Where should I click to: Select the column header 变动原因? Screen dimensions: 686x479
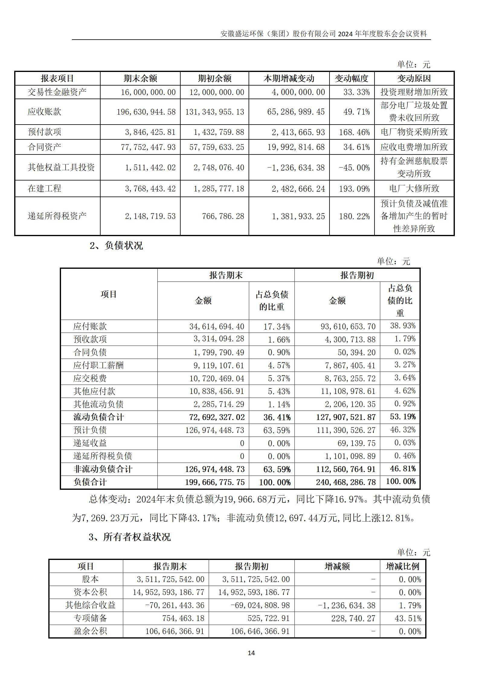tap(414, 79)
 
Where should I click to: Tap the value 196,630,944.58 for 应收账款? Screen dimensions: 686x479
tap(146, 112)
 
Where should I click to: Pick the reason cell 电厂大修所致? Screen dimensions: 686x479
tap(414, 189)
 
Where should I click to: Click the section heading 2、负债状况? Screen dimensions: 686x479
tap(116, 245)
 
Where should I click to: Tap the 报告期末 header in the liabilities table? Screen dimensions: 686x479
tap(226, 275)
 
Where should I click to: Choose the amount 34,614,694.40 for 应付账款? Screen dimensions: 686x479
tap(217, 327)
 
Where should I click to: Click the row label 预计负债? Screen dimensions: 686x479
tap(90, 430)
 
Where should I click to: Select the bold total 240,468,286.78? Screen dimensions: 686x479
tap(346, 482)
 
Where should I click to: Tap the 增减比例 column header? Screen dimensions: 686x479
tap(402, 566)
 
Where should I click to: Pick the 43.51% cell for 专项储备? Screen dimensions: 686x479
tap(408, 618)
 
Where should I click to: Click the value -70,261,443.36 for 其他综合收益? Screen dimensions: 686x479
tap(175, 605)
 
